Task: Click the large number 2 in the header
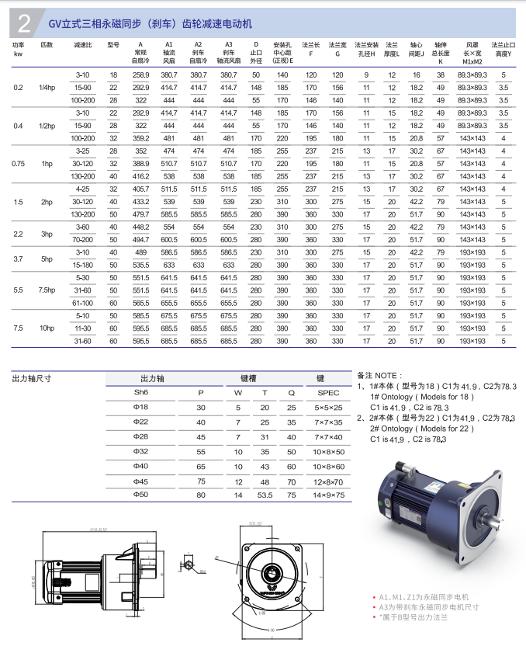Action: click(24, 24)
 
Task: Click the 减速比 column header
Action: click(83, 46)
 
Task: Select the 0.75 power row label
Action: click(19, 164)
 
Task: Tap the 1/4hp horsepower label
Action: click(47, 87)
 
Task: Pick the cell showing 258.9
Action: click(140, 75)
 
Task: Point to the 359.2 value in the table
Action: click(140, 138)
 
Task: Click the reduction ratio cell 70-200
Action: click(83, 240)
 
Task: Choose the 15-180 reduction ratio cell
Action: click(83, 265)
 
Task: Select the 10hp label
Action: click(47, 328)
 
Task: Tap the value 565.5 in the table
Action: click(140, 303)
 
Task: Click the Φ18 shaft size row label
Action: click(140, 408)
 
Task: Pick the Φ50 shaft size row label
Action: click(140, 495)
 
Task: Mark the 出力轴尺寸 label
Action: click(32, 378)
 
